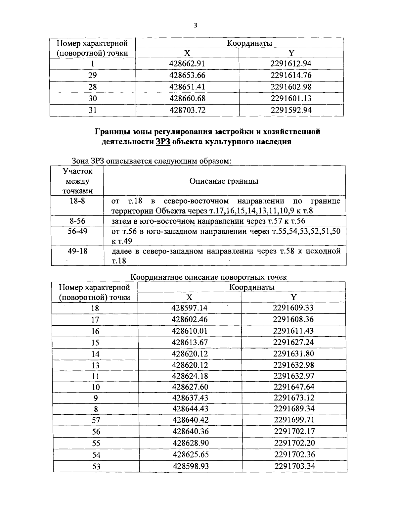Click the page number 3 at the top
tap(196, 25)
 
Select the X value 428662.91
tap(187, 64)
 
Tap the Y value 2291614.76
tap(291, 75)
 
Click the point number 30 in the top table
tap(93, 98)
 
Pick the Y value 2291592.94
tap(291, 110)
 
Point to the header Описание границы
tap(224, 181)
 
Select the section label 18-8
tap(77, 201)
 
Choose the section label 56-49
tap(77, 231)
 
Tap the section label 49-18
tap(77, 251)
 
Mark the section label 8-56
tap(77, 221)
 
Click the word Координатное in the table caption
tap(158, 277)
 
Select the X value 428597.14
tap(190, 308)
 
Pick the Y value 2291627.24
tap(293, 342)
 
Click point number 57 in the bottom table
tap(96, 420)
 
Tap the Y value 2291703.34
tap(294, 466)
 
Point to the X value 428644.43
tap(191, 409)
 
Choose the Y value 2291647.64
tap(294, 387)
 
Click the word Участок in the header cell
tap(77, 171)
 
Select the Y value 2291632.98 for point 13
tap(293, 365)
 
